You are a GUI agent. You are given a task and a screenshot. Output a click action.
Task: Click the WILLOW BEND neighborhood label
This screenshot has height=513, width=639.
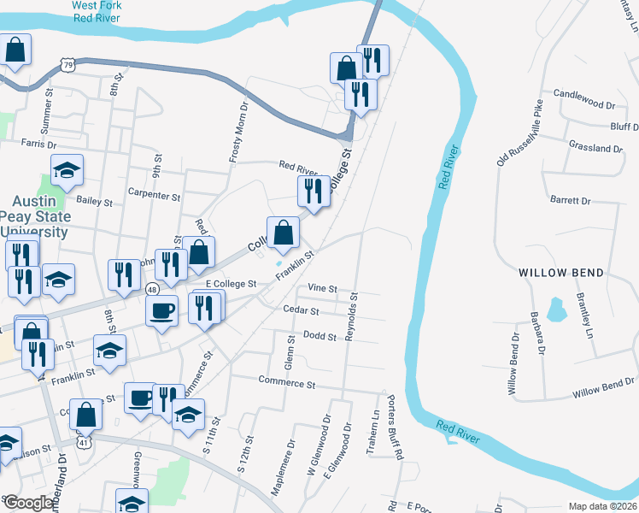click(561, 273)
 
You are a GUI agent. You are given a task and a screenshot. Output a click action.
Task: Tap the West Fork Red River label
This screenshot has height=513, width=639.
click(96, 11)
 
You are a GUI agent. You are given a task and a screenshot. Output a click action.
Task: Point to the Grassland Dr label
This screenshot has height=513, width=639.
click(595, 148)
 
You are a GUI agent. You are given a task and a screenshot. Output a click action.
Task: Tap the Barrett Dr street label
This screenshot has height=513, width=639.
click(571, 200)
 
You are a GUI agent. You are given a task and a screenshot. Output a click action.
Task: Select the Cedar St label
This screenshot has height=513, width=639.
click(301, 311)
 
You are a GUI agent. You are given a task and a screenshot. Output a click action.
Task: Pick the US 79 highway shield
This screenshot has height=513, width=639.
click(67, 63)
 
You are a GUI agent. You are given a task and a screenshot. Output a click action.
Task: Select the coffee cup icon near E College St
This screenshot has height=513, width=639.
click(162, 310)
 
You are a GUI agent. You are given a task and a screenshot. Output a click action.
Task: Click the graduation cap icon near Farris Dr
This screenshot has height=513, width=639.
click(67, 170)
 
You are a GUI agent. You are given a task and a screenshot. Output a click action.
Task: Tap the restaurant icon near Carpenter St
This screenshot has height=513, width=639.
click(314, 192)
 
